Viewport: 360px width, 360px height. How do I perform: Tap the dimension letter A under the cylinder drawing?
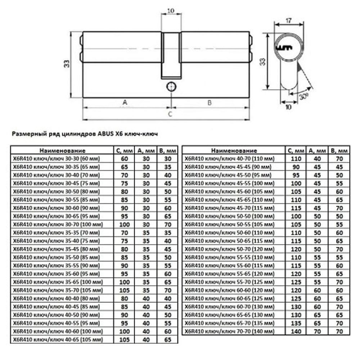click(x=125, y=103)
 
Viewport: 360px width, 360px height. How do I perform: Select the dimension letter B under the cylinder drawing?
click(x=210, y=103)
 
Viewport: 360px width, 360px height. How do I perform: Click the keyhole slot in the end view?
click(x=284, y=48)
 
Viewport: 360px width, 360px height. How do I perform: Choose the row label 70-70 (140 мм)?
click(x=229, y=331)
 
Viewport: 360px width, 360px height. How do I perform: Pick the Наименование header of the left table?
click(x=62, y=150)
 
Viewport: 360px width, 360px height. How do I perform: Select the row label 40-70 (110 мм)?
click(x=229, y=159)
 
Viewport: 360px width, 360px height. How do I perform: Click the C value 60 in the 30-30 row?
click(x=125, y=159)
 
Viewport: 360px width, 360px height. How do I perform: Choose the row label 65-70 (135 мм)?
click(x=229, y=323)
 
